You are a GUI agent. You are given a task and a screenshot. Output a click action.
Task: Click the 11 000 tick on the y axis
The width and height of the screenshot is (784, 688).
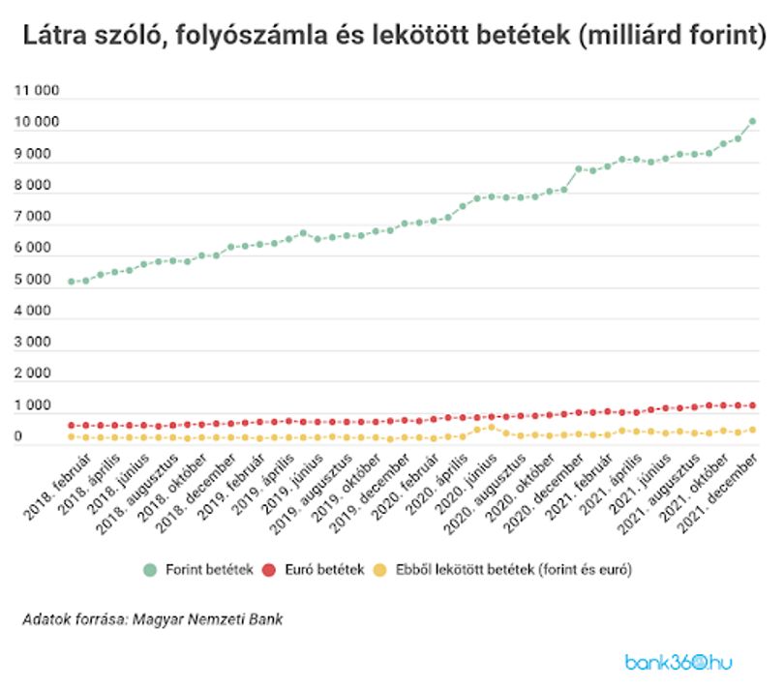coord(37,91)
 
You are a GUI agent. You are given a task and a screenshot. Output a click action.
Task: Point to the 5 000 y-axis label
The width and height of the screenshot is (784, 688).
coord(33,279)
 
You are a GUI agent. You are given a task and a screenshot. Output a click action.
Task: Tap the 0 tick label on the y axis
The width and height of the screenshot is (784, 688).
coord(18,436)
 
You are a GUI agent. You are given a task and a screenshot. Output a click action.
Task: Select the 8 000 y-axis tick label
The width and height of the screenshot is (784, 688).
coord(33,185)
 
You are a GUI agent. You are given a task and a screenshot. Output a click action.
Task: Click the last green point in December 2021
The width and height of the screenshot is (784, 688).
coord(752,122)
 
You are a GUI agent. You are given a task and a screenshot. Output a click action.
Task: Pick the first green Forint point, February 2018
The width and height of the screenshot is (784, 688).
coord(72,282)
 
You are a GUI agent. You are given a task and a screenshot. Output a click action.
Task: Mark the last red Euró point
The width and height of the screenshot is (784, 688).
coord(752,405)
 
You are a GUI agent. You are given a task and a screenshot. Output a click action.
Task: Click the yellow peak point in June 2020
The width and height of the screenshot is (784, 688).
coord(492,428)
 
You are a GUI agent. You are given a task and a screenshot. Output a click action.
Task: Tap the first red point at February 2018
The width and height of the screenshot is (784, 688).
coord(72,426)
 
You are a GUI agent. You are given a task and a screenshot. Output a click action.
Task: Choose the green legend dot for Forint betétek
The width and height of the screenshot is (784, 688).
coord(150,570)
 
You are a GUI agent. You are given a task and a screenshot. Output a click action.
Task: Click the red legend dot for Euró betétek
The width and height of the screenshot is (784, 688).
coord(269,570)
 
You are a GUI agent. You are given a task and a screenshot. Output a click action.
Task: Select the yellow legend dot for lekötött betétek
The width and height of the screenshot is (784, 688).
coord(380,570)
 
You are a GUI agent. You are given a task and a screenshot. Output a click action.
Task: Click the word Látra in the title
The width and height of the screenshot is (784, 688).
coord(55,36)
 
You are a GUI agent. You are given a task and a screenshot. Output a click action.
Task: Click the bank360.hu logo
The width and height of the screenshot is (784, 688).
coord(678,663)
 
